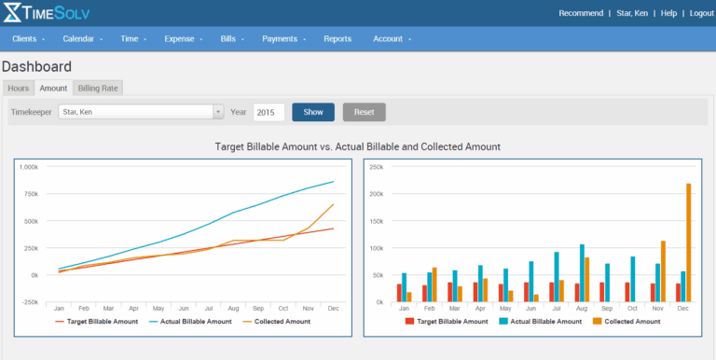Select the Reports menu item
337,39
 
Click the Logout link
700,13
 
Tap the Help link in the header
668,13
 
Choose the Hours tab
19,88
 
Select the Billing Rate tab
98,88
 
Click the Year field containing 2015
268,112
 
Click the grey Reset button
364,112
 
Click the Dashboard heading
37,67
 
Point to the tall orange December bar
688,242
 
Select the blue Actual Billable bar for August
582,272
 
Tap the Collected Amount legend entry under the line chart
281,321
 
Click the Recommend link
581,13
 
